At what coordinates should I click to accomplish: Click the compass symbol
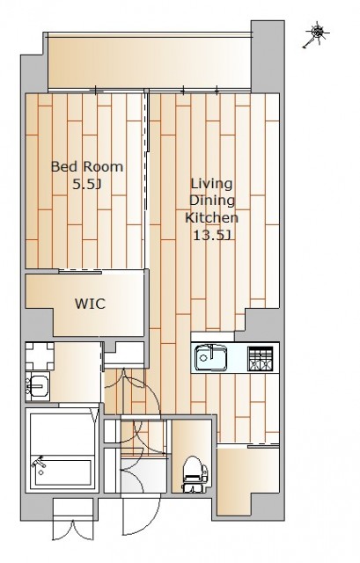tap(317, 34)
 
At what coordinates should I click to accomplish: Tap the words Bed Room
tap(87, 166)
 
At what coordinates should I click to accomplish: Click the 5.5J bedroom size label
tap(86, 185)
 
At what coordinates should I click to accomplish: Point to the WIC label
tap(90, 303)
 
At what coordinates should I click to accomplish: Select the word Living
tap(211, 185)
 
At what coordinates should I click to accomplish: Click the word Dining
tap(212, 201)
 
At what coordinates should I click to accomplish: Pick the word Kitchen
tap(211, 217)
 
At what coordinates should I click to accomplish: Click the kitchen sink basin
tap(211, 358)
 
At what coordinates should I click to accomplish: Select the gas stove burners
tap(259, 359)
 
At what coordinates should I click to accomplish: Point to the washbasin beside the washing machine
tap(37, 386)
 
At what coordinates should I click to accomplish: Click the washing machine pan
tap(40, 356)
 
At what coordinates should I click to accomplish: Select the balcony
tap(150, 62)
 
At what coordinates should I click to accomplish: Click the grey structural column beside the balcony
tap(268, 56)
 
